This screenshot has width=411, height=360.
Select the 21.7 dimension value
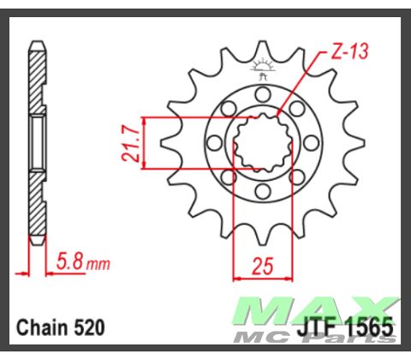[129, 142]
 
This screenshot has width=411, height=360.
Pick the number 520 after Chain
[90, 327]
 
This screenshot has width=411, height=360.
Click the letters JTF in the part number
[318, 327]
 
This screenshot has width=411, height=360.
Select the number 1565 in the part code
[368, 327]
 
